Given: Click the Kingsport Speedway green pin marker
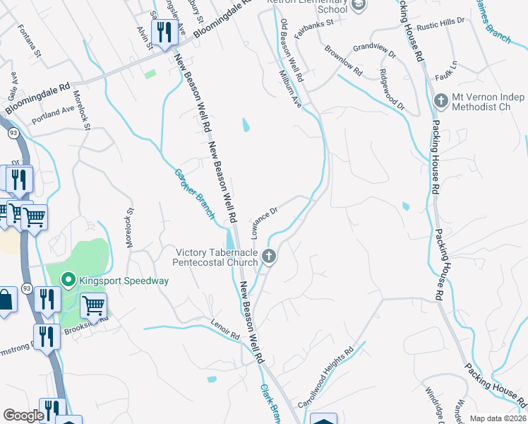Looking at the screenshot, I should (68, 281).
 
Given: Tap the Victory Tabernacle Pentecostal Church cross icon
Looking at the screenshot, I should (268, 256).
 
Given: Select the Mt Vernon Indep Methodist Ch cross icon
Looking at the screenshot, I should (441, 100).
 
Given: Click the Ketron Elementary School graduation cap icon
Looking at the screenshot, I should (359, 5).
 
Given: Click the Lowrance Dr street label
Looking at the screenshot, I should (265, 214).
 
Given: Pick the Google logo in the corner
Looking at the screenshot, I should (23, 416).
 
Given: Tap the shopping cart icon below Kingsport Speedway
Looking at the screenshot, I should (93, 306).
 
